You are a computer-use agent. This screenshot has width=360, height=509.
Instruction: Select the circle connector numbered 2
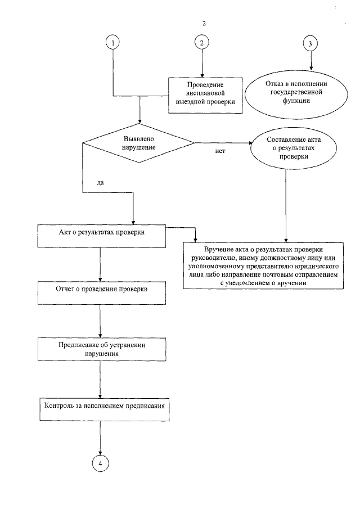201,43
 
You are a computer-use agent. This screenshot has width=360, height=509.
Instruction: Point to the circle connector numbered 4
100,462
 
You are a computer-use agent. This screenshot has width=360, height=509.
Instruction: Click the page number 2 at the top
204,23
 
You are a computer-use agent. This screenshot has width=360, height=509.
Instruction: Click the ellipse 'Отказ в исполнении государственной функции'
296,93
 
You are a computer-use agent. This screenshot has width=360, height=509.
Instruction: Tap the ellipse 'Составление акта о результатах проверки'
287,148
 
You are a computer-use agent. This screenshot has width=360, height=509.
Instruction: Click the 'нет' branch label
220,152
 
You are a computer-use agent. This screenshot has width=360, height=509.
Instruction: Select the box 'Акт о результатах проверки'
102,236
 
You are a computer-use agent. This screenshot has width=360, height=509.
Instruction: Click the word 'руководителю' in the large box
215,258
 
